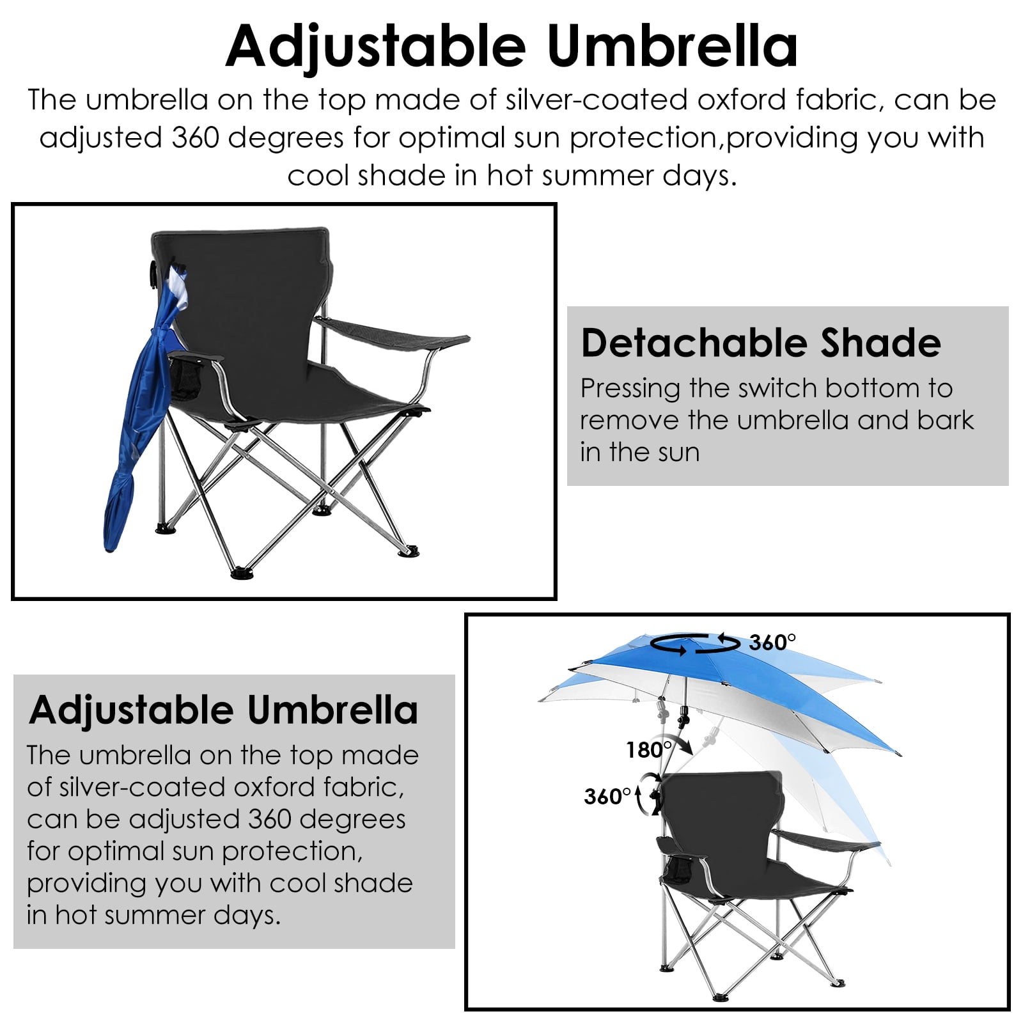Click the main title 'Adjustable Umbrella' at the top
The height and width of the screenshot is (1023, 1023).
tap(511, 46)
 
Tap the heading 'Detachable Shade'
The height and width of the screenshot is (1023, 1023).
tap(761, 343)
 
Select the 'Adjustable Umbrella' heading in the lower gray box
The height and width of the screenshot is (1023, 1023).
tap(224, 710)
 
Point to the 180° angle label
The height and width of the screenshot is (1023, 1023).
tap(648, 749)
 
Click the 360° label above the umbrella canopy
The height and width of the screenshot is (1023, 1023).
tap(772, 642)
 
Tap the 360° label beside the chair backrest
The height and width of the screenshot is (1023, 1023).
tap(607, 797)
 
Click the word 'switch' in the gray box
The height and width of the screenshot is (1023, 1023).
tap(776, 388)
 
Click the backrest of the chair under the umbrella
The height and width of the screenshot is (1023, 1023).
tap(722, 806)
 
